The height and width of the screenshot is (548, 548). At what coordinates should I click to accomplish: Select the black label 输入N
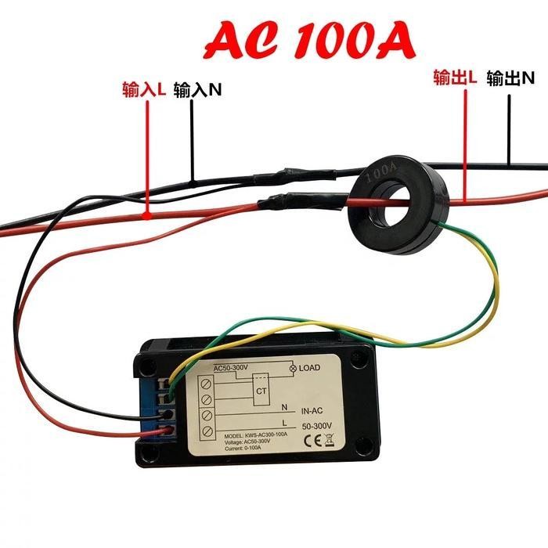(197, 90)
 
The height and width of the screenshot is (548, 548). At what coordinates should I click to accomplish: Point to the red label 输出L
(455, 78)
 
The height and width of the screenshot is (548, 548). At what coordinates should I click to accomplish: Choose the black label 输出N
(510, 78)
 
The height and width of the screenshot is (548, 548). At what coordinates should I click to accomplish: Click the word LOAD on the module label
(311, 366)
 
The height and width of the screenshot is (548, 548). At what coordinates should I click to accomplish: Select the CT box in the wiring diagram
(261, 390)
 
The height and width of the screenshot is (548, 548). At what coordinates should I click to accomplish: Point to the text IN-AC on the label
(312, 409)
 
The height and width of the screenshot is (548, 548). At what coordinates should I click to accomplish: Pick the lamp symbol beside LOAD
(293, 367)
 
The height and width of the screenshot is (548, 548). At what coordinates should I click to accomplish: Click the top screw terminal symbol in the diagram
(207, 384)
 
